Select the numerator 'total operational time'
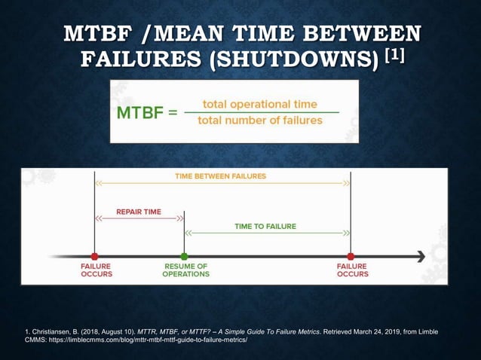pyautogui.click(x=260, y=104)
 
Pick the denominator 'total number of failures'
pyautogui.click(x=260, y=121)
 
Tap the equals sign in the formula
pyautogui.click(x=173, y=114)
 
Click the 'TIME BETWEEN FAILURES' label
pyautogui.click(x=220, y=176)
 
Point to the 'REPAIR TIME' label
pyautogui.click(x=139, y=212)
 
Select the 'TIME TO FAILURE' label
pyautogui.click(x=265, y=226)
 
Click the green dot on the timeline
pyautogui.click(x=184, y=257)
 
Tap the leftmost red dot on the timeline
pyautogui.click(x=94, y=257)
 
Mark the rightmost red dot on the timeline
pyautogui.click(x=351, y=257)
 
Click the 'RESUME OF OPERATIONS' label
pyautogui.click(x=185, y=270)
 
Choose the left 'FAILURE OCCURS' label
pyautogui.click(x=96, y=270)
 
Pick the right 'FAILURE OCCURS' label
pyautogui.click(x=352, y=270)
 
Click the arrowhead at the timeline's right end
pyautogui.click(x=420, y=257)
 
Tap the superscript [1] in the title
pyautogui.click(x=394, y=54)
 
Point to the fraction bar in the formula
pyautogui.click(x=260, y=112)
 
